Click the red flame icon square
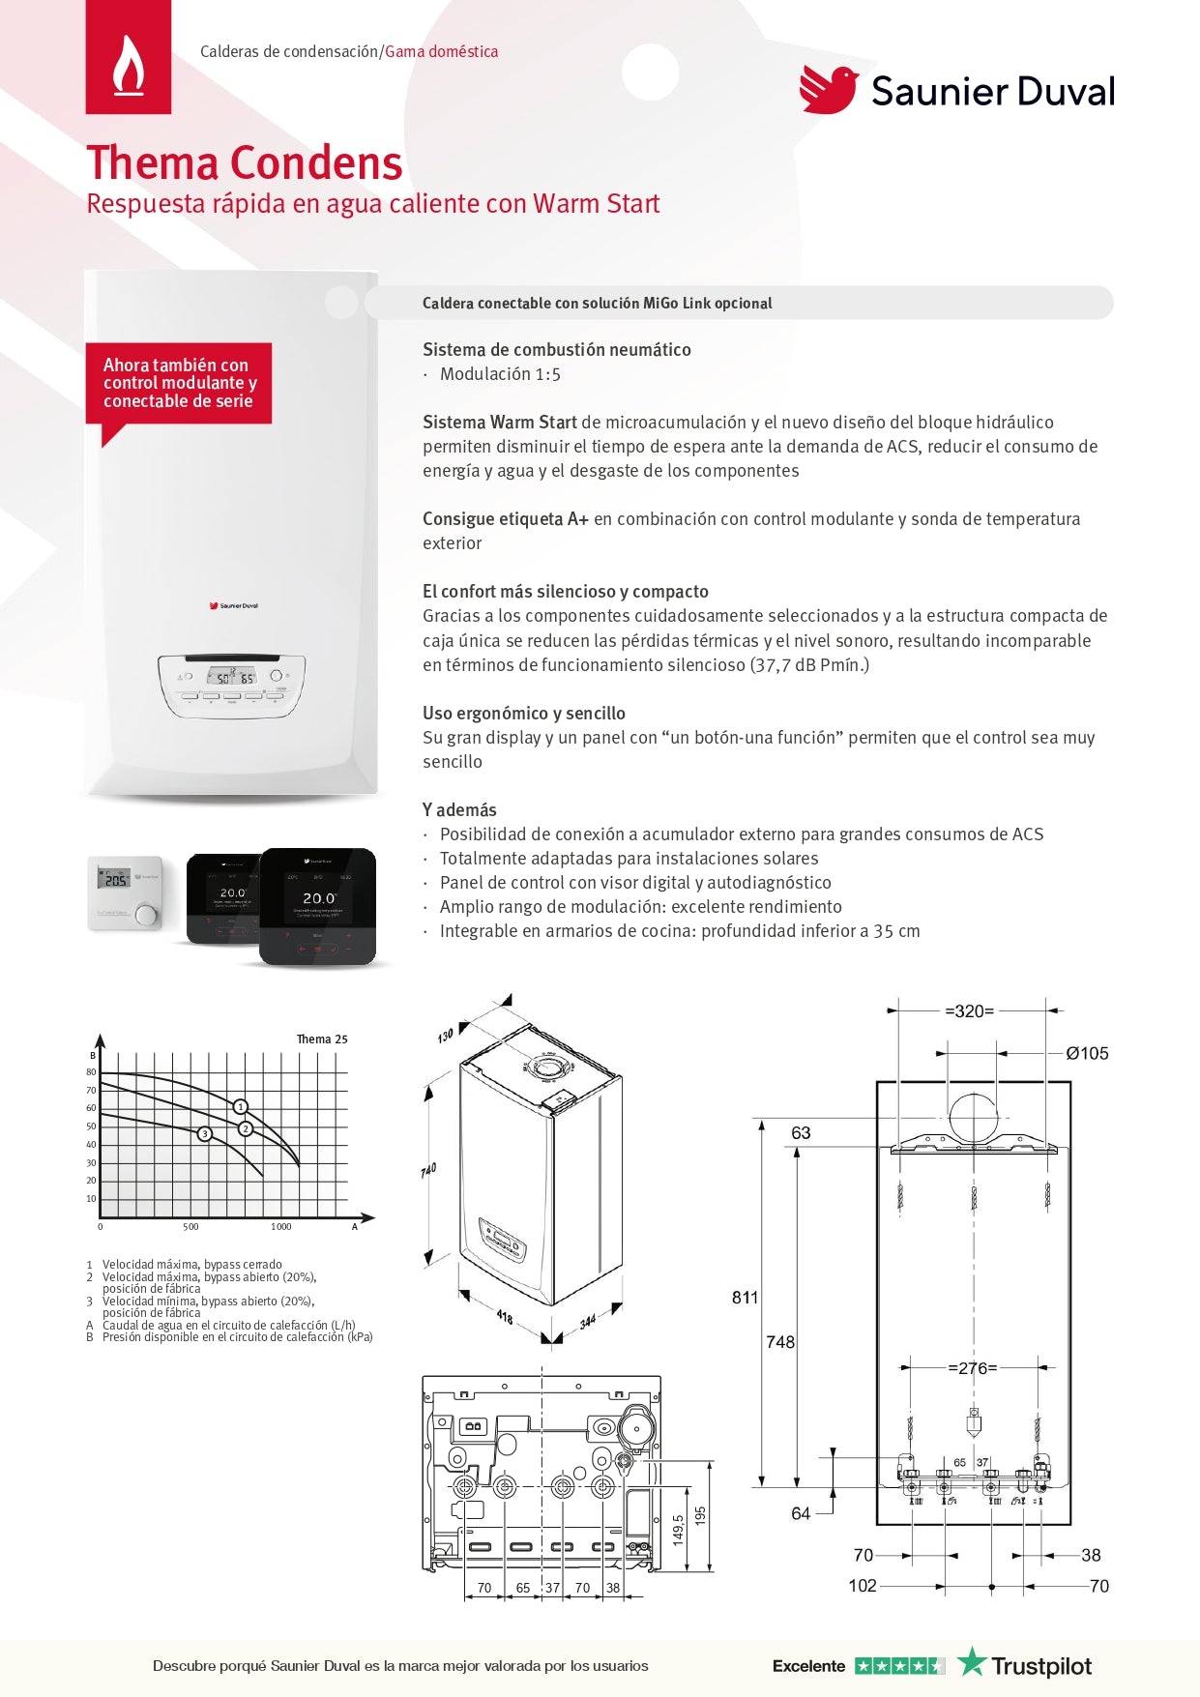(x=129, y=57)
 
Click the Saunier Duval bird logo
(x=829, y=90)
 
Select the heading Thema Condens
(x=245, y=162)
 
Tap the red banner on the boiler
(x=179, y=383)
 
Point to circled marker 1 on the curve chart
(x=241, y=1106)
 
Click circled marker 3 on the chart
(x=205, y=1133)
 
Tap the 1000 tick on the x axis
(x=280, y=1227)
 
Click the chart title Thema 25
(x=321, y=1039)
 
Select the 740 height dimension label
(x=428, y=1170)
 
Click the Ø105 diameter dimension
(x=1087, y=1054)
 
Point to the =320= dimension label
(x=969, y=1011)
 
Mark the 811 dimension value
(x=745, y=1298)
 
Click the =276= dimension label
(x=972, y=1368)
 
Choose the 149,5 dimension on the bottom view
(x=678, y=1529)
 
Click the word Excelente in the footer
(x=808, y=1666)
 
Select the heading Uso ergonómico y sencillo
(x=523, y=713)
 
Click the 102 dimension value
(x=862, y=1586)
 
